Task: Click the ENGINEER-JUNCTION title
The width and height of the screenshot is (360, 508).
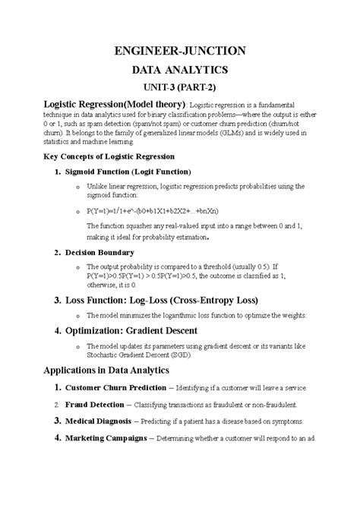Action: (x=180, y=51)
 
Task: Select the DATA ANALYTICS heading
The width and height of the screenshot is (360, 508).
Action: (x=180, y=70)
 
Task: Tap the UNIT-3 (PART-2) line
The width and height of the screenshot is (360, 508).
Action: (x=180, y=87)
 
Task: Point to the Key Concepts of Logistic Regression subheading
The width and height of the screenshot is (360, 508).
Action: (x=111, y=156)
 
